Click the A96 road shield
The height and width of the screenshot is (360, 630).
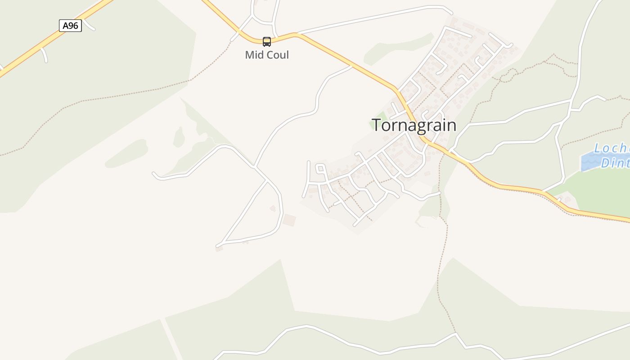[70, 26]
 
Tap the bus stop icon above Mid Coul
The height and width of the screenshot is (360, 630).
[267, 42]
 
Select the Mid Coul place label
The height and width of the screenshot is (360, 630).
[267, 55]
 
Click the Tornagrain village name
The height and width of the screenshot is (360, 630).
[414, 125]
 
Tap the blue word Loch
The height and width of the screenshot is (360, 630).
[611, 148]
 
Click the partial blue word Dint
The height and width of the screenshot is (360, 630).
[615, 163]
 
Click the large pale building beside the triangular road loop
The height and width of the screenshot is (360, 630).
[289, 220]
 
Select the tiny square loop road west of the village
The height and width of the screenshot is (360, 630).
[320, 169]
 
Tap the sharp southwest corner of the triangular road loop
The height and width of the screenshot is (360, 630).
[218, 246]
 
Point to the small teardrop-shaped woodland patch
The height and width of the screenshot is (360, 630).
[179, 137]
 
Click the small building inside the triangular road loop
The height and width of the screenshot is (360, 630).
[273, 208]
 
